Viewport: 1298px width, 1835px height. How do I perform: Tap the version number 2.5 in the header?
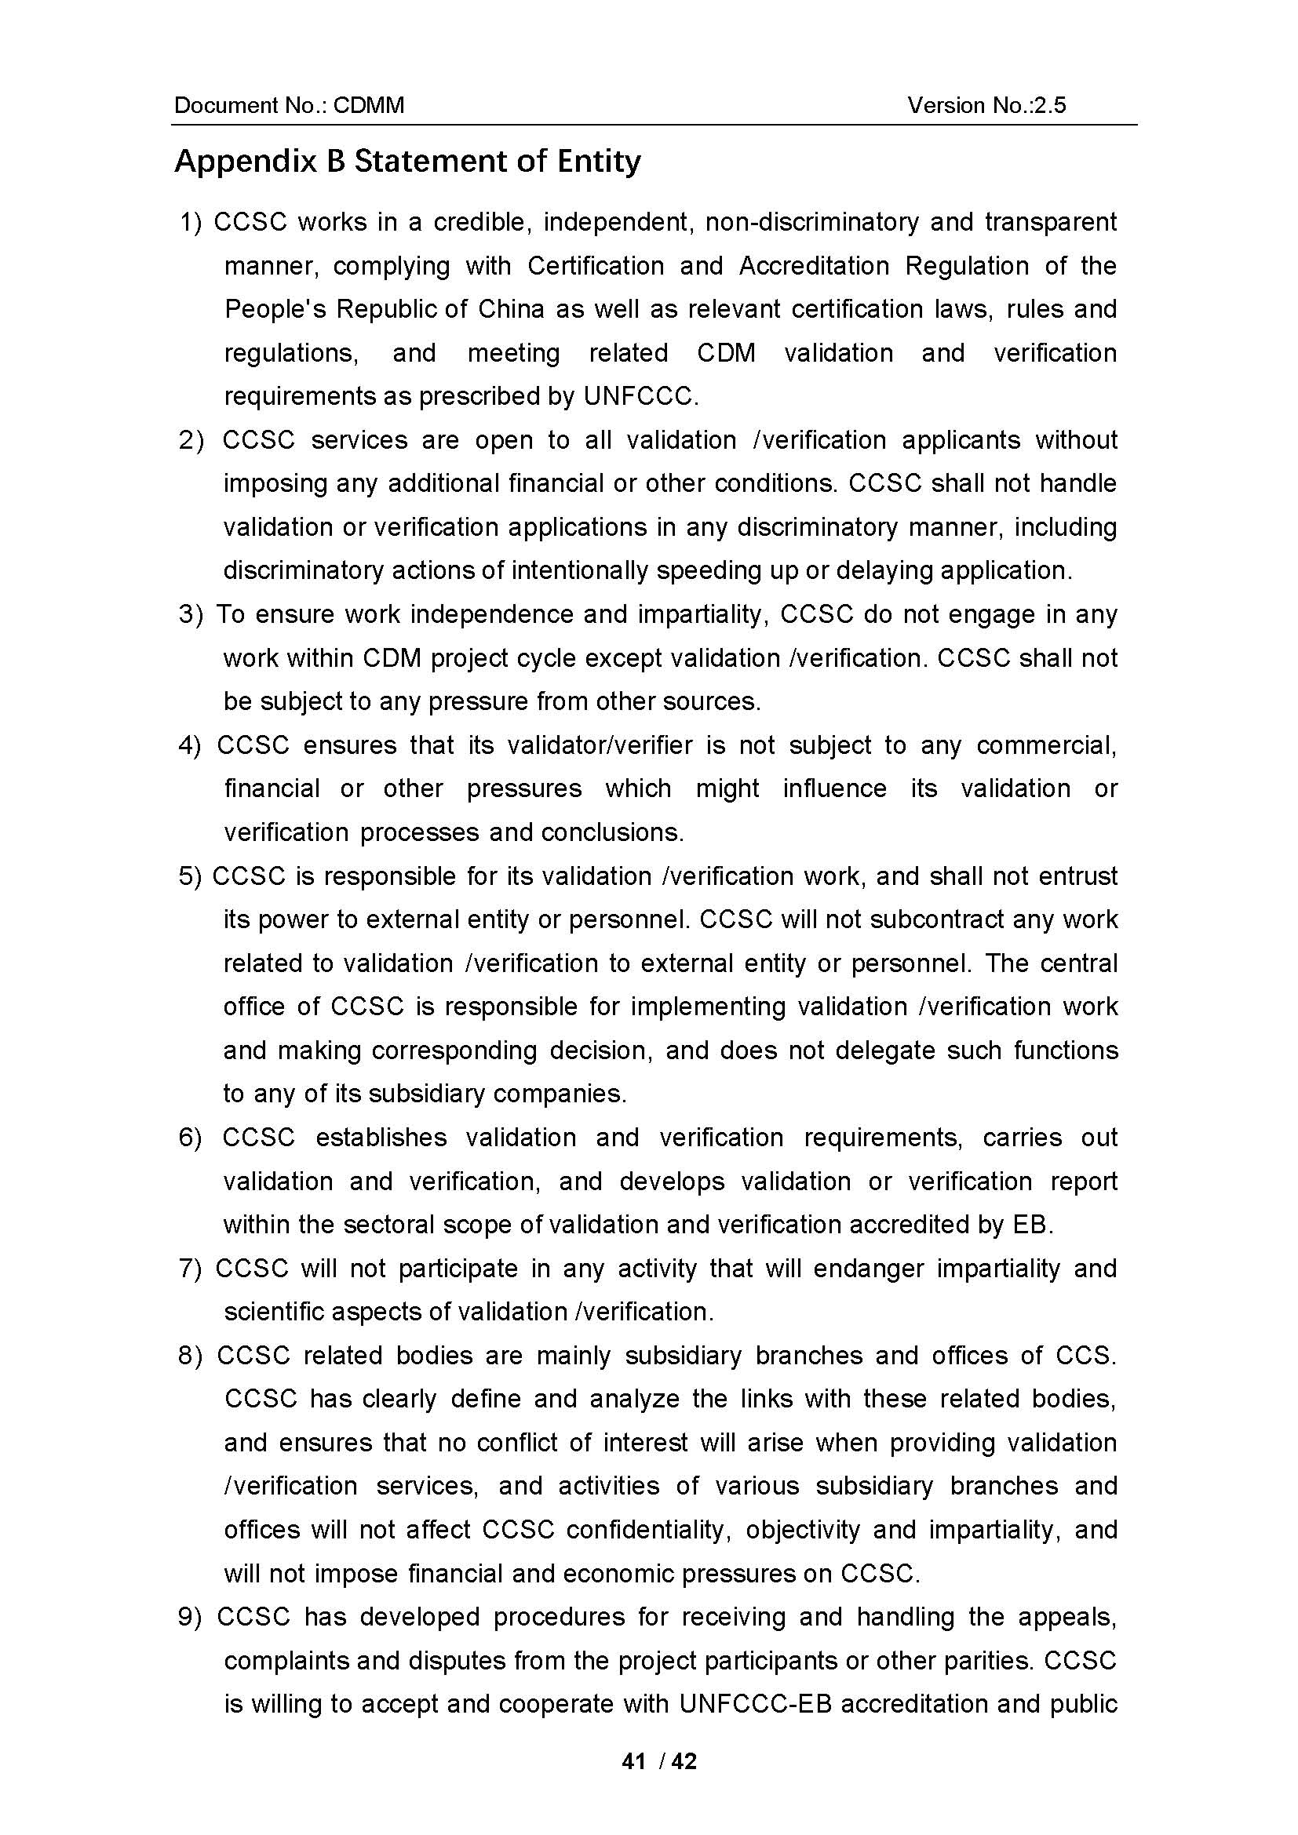[x=1049, y=105]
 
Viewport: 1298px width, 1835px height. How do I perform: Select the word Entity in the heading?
[x=599, y=162]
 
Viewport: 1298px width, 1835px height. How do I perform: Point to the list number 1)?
[x=191, y=222]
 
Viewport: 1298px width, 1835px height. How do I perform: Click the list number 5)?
[x=191, y=877]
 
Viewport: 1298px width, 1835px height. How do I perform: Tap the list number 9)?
[x=191, y=1617]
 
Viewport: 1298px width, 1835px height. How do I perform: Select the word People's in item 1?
[x=275, y=309]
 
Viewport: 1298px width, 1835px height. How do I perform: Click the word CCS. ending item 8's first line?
[x=1085, y=1356]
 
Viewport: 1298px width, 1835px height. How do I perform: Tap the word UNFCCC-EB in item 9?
[x=755, y=1704]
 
